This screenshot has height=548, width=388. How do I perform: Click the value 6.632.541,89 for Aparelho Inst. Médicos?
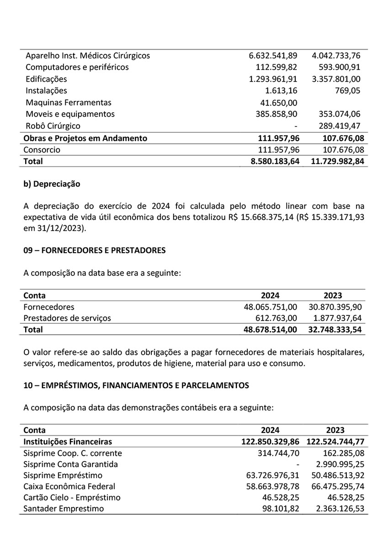pyautogui.click(x=273, y=56)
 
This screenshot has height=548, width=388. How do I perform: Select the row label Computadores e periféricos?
pyautogui.click(x=77, y=67)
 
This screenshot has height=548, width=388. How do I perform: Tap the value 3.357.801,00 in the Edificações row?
pyautogui.click(x=336, y=79)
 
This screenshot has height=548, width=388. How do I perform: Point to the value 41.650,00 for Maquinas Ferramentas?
pyautogui.click(x=279, y=103)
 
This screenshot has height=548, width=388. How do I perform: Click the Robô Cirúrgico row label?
pyautogui.click(x=53, y=126)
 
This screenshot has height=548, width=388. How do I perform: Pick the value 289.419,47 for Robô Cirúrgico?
pyautogui.click(x=339, y=126)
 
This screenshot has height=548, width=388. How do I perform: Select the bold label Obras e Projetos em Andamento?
pyautogui.click(x=85, y=138)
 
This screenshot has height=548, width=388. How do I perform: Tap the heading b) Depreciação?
pyautogui.click(x=52, y=184)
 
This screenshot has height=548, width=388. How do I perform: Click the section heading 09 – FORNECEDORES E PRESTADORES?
pyautogui.click(x=94, y=250)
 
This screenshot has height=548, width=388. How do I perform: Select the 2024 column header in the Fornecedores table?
pyautogui.click(x=270, y=295)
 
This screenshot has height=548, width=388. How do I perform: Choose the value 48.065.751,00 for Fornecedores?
pyautogui.click(x=271, y=307)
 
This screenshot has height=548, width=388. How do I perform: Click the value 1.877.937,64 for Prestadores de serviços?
pyautogui.click(x=337, y=318)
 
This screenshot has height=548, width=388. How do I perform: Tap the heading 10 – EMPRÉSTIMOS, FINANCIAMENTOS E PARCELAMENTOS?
pyautogui.click(x=136, y=385)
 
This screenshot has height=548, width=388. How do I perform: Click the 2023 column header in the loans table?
pyautogui.click(x=335, y=430)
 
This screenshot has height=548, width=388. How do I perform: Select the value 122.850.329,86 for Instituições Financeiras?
pyautogui.click(x=270, y=442)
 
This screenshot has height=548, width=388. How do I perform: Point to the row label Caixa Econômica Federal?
pyautogui.click(x=69, y=486)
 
